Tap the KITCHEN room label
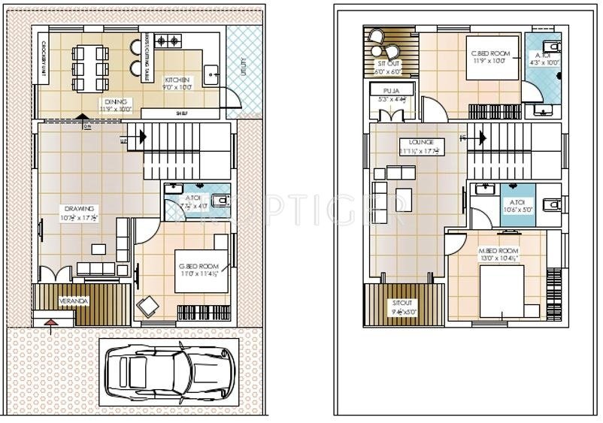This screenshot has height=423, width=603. tap(177, 79)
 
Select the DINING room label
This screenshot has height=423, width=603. tap(115, 101)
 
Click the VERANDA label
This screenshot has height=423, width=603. tap(75, 302)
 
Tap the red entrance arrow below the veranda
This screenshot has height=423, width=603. tap(50, 324)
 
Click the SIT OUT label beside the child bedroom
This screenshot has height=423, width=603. tap(387, 65)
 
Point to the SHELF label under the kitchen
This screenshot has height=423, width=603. tap(181, 113)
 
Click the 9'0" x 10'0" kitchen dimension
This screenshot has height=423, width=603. tap(177, 87)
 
